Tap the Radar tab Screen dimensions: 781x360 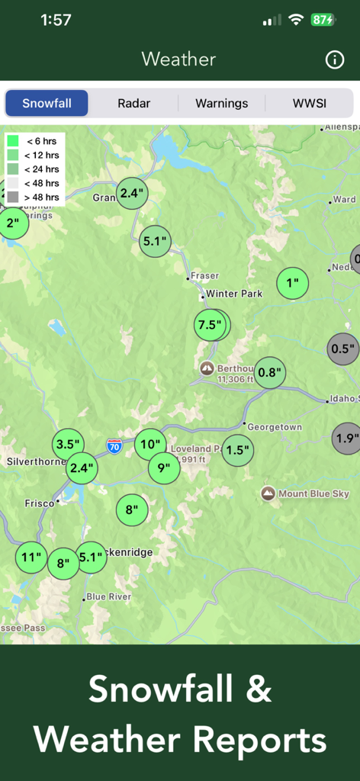click(x=133, y=104)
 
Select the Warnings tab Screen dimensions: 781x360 click(x=221, y=104)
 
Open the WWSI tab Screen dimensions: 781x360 click(x=309, y=104)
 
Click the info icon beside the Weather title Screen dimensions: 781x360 click(x=335, y=60)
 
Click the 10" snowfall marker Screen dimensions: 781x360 click(x=150, y=444)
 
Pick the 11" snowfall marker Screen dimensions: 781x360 click(x=31, y=558)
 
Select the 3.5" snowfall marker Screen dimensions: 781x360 click(x=68, y=444)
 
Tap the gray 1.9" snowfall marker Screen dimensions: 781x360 click(x=347, y=439)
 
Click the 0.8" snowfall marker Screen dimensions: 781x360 click(x=270, y=373)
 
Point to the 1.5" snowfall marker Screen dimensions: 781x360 click(x=238, y=450)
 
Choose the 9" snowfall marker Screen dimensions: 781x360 click(x=164, y=468)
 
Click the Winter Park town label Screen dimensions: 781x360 click(x=233, y=294)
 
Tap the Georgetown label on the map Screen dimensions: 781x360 click(x=275, y=427)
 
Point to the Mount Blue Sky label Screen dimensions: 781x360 click(x=313, y=493)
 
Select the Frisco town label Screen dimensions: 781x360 click(x=39, y=503)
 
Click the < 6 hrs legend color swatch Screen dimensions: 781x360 click(x=13, y=141)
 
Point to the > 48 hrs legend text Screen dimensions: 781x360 click(x=41, y=198)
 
